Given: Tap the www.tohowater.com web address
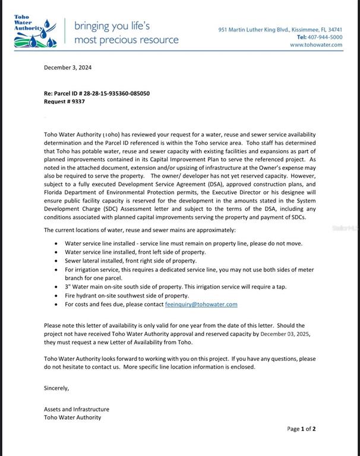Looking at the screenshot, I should tap(316, 45).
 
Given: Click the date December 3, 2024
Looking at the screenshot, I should tap(68, 68).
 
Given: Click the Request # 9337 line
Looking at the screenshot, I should tap(64, 102).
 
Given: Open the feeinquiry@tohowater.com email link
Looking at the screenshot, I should tap(201, 305).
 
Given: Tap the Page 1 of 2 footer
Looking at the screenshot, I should tap(301, 429).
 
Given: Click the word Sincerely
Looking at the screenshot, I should tap(56, 388).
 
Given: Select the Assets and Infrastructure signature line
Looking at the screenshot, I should tap(77, 409).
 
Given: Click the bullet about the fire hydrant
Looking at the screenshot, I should tap(127, 296).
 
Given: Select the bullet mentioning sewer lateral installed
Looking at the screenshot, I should tap(131, 261).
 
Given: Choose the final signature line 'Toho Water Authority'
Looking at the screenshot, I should tap(72, 417).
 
